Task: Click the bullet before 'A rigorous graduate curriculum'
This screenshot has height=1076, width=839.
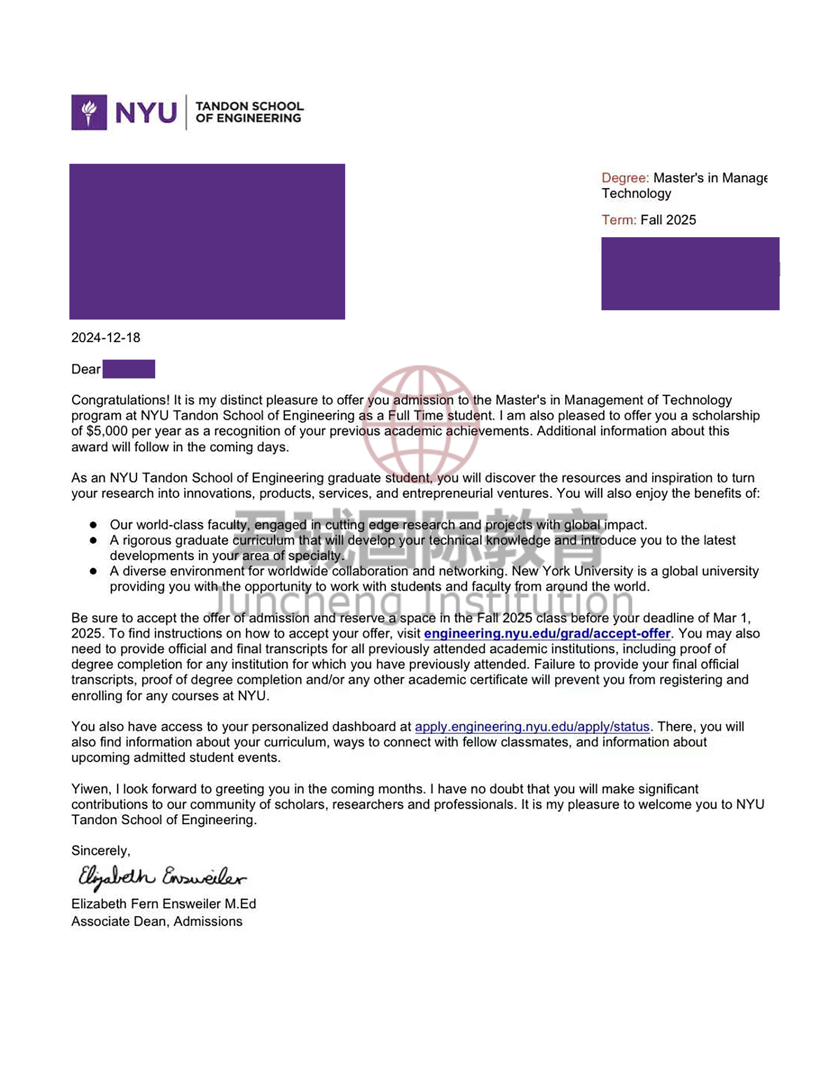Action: click(x=93, y=541)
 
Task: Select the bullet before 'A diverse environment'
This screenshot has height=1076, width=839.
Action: click(x=93, y=572)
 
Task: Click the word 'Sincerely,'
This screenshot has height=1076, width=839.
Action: click(x=101, y=851)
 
